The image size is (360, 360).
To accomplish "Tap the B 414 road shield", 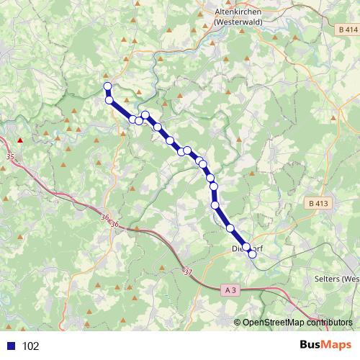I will pyautogui.click(x=346, y=30).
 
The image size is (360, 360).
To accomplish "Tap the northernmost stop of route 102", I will pyautogui.click(x=108, y=87).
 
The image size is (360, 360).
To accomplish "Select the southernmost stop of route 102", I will pyautogui.click(x=252, y=254).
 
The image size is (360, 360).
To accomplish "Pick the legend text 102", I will pyautogui.click(x=31, y=346).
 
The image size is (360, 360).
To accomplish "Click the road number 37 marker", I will pyautogui.click(x=189, y=272).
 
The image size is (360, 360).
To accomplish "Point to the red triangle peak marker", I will pyautogui.click(x=20, y=140).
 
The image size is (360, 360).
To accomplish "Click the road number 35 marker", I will pyautogui.click(x=9, y=156).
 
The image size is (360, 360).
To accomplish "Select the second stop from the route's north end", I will pyautogui.click(x=109, y=100).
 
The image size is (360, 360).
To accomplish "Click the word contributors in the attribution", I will pyautogui.click(x=328, y=323).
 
